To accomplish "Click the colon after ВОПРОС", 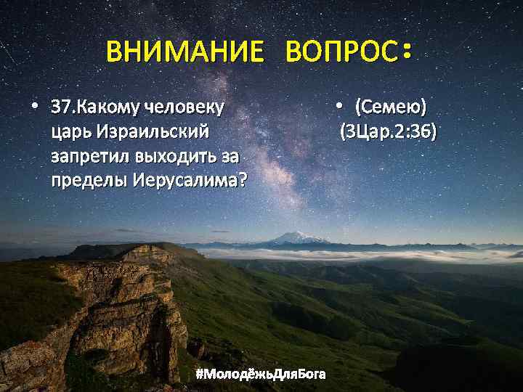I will tap(407, 50).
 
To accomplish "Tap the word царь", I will tap(69, 133).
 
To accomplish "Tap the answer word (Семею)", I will tap(390, 109).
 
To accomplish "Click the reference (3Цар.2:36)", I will tap(388, 132).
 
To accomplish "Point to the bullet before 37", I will tap(34, 107).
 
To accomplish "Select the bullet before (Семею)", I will tap(338, 107).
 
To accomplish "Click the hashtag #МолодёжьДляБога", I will tap(261, 374).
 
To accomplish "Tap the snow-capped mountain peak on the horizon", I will tap(297, 236).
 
